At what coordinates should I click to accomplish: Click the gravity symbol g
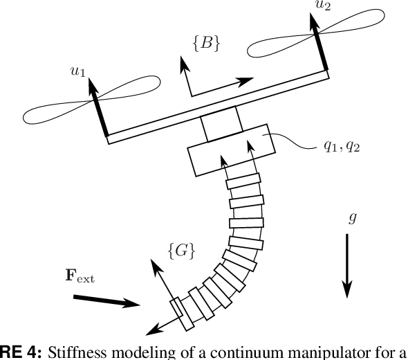pyautogui.click(x=353, y=218)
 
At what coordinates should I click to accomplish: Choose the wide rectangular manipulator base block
pyautogui.click(x=230, y=149)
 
